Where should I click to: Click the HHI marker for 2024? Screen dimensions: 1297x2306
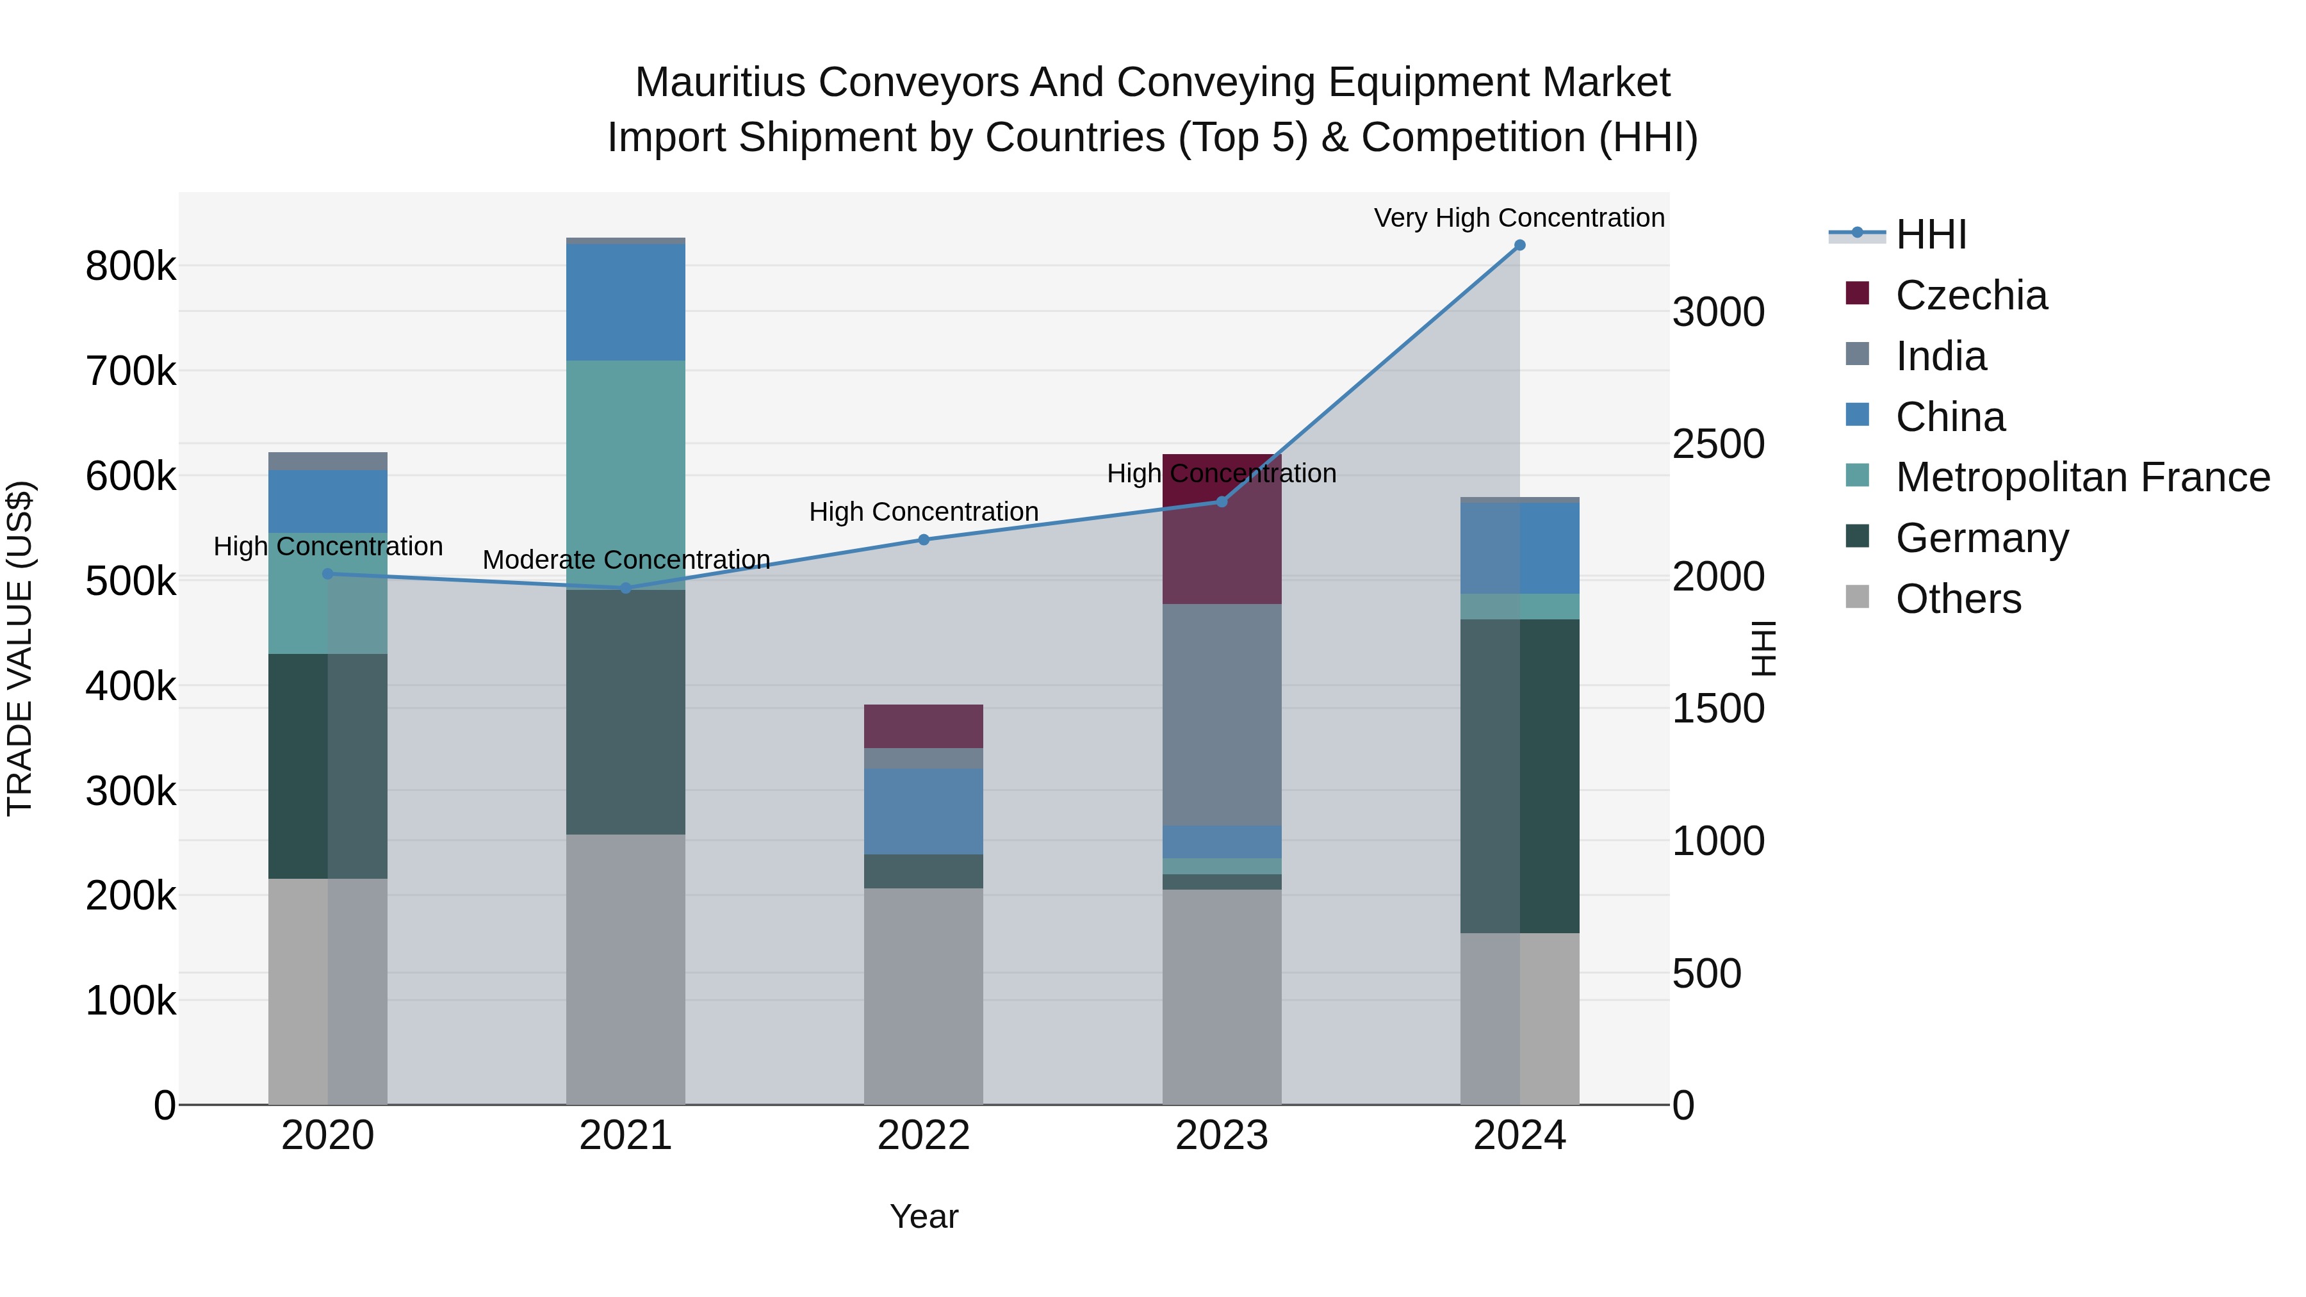(x=1519, y=245)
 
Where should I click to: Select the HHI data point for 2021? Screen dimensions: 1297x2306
(x=626, y=588)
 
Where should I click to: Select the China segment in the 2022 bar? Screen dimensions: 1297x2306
(x=923, y=811)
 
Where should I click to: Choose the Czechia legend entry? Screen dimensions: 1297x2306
(x=1970, y=295)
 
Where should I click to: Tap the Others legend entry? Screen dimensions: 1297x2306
(x=1957, y=599)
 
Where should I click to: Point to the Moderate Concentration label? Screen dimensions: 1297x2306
(x=626, y=559)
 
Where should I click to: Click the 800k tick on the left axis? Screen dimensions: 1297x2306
(x=131, y=266)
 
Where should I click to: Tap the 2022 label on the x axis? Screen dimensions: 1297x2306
(x=923, y=1136)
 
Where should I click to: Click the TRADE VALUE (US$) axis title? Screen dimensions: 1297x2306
(x=20, y=648)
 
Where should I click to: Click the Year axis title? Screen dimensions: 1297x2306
(x=923, y=1216)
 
